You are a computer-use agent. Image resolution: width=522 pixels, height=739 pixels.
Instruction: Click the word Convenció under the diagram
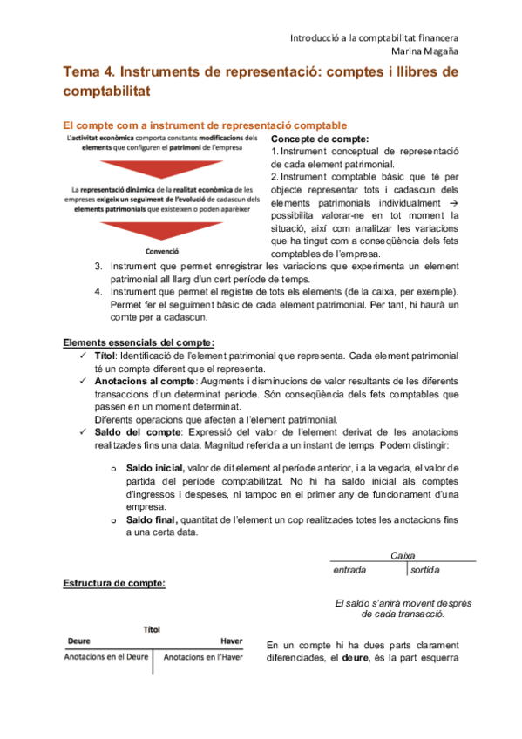pos(161,251)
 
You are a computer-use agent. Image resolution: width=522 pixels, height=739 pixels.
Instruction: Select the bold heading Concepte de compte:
pos(319,139)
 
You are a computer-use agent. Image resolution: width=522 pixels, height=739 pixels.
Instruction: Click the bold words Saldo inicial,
pos(155,467)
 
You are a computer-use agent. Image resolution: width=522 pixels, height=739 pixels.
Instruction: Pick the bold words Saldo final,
pos(152,520)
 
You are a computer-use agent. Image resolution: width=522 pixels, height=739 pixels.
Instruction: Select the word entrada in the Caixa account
pos(349,570)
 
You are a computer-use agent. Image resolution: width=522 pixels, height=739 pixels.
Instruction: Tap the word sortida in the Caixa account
pos(425,570)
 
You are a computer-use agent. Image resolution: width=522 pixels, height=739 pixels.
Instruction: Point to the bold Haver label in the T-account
pos(230,641)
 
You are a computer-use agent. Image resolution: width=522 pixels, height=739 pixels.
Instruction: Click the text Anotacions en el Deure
pos(105,658)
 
